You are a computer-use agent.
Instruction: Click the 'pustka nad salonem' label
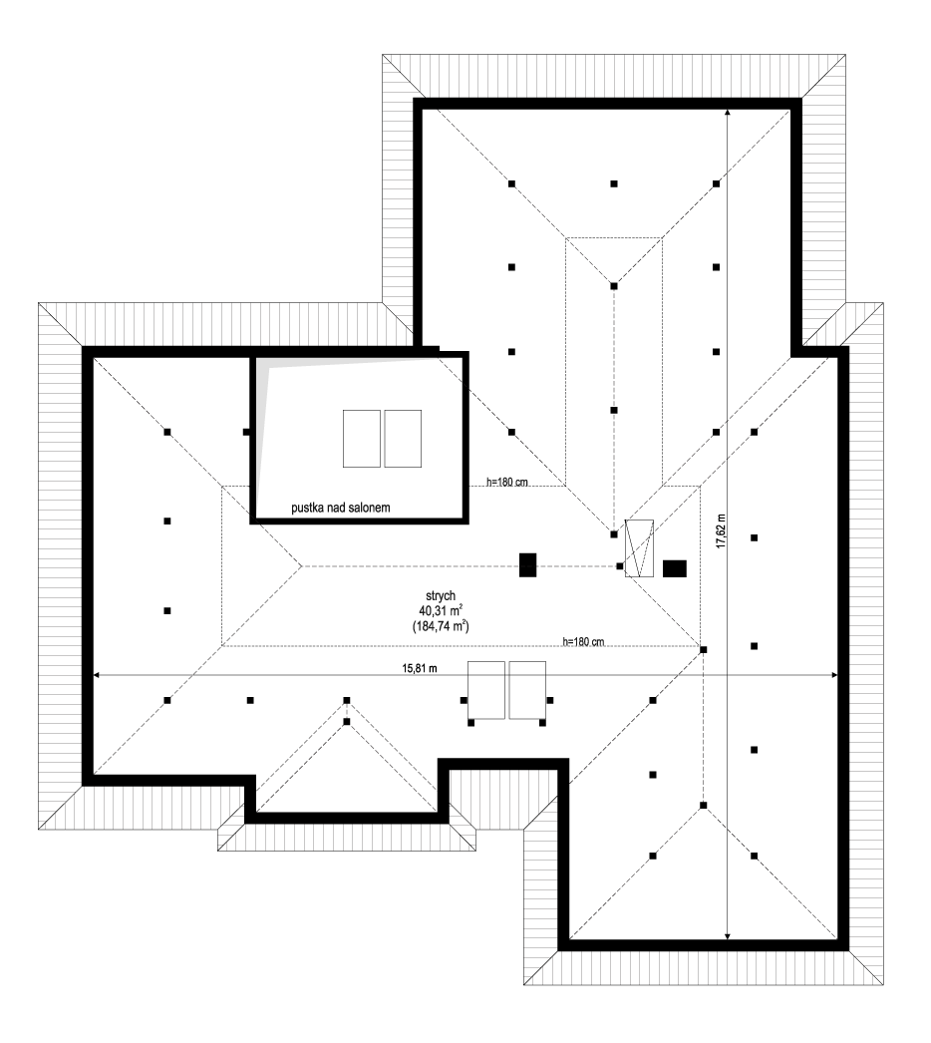[341, 508]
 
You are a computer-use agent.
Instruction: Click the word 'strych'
[441, 596]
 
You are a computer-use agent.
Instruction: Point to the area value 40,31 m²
[441, 610]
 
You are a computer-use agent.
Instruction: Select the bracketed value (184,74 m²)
[441, 625]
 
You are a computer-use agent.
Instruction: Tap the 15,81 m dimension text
[419, 668]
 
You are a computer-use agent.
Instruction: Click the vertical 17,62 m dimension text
[721, 530]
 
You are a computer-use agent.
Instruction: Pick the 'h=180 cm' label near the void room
[506, 482]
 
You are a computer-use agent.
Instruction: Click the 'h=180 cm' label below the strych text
[583, 642]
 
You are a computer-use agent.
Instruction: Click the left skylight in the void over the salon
[362, 439]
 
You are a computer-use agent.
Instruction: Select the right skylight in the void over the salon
[403, 439]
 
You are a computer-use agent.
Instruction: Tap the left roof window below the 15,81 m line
[486, 690]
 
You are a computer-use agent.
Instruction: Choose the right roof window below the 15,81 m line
[527, 690]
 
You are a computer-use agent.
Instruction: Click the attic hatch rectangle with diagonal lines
[639, 548]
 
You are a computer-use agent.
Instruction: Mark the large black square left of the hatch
[527, 565]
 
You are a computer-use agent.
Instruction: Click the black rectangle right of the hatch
[674, 568]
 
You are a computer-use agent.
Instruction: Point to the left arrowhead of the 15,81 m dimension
[96, 675]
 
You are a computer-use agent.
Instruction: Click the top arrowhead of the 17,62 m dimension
[729, 112]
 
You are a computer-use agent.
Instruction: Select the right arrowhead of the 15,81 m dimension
[835, 675]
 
